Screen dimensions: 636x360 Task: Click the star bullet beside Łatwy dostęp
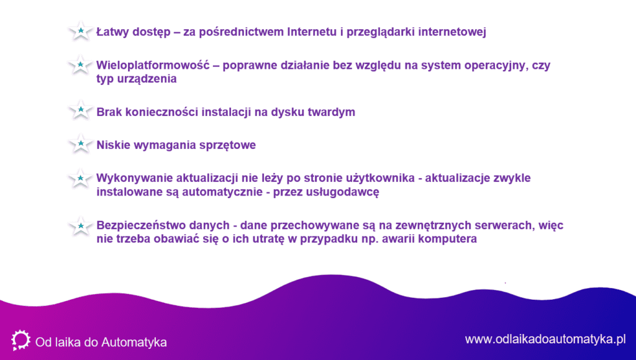click(x=80, y=31)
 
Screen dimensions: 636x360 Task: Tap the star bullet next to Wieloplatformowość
click(x=80, y=65)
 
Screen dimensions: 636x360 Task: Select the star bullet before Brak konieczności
click(x=80, y=110)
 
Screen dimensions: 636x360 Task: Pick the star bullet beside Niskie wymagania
click(x=80, y=144)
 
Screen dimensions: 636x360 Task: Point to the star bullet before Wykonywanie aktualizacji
click(x=80, y=179)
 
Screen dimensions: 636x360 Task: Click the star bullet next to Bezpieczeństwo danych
click(x=80, y=226)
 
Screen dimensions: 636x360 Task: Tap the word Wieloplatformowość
click(x=153, y=65)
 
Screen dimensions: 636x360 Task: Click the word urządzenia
click(x=147, y=79)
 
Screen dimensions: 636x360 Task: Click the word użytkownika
click(x=380, y=178)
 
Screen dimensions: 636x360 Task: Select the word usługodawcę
click(x=346, y=192)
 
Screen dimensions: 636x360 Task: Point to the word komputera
click(x=447, y=239)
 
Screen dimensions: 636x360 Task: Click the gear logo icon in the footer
click(x=20, y=340)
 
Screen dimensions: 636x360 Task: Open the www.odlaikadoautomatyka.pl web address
click(x=545, y=340)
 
